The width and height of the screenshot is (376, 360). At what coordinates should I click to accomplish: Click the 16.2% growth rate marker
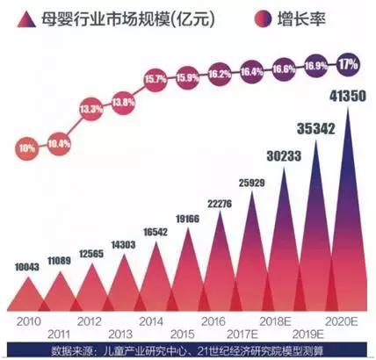(219, 74)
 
